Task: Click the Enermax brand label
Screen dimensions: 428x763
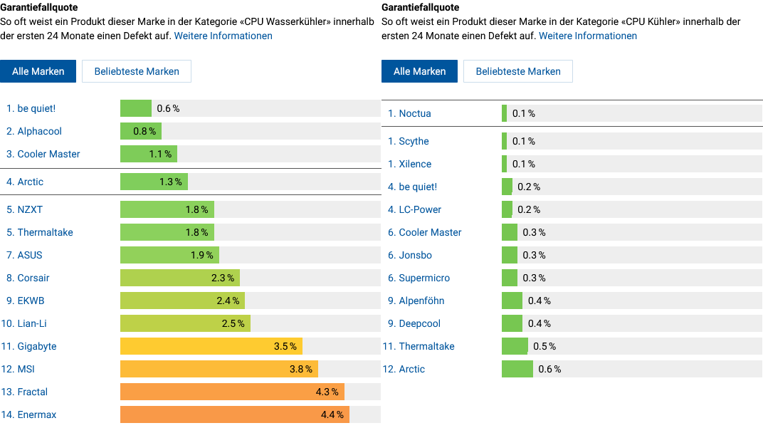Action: pyautogui.click(x=36, y=414)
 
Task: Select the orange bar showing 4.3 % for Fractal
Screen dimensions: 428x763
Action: pyautogui.click(x=232, y=392)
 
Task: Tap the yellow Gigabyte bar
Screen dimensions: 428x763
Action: pyautogui.click(x=211, y=346)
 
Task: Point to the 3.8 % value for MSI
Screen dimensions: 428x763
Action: pyautogui.click(x=300, y=369)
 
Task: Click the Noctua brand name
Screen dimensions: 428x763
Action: pyautogui.click(x=414, y=113)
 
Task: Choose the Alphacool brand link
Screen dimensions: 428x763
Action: pyautogui.click(x=39, y=131)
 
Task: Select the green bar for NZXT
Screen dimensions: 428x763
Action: pyautogui.click(x=167, y=209)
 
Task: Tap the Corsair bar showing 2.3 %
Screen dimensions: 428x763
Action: pyautogui.click(x=179, y=278)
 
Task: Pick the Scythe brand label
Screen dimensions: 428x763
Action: pyautogui.click(x=414, y=141)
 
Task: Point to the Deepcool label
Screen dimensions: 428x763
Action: pyautogui.click(x=419, y=323)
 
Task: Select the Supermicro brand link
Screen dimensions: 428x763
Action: pyautogui.click(x=424, y=278)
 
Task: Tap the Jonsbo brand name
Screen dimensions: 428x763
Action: pyautogui.click(x=415, y=255)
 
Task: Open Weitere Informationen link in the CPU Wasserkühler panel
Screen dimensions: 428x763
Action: pyautogui.click(x=223, y=36)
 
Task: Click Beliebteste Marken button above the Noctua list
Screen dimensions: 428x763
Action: pyautogui.click(x=518, y=71)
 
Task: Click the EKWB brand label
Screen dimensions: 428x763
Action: pyautogui.click(x=31, y=301)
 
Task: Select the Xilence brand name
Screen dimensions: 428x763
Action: pyautogui.click(x=415, y=164)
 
